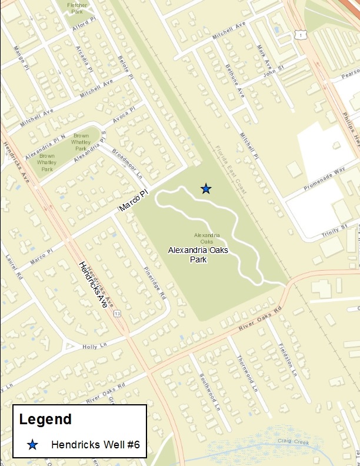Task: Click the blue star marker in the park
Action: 206,188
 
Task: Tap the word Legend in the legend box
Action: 45,420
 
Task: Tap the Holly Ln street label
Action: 95,347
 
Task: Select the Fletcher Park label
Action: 77,7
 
